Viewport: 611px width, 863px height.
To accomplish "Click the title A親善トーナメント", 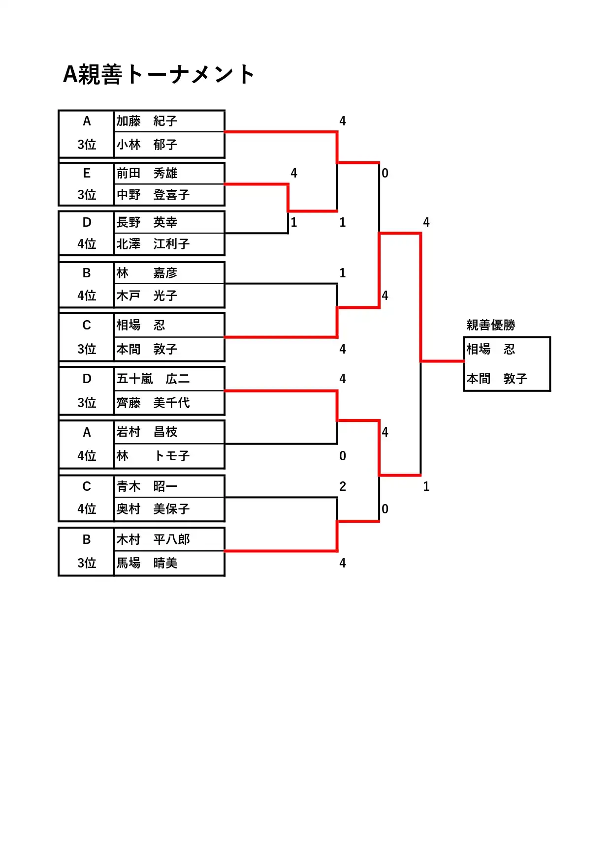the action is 159,75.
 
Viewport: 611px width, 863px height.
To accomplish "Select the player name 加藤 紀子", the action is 147,121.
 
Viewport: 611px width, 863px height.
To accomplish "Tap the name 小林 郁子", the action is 147,145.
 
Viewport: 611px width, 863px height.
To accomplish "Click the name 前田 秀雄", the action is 147,173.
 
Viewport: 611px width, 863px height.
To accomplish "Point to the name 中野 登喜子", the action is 153,195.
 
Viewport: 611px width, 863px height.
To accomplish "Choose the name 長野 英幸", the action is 147,222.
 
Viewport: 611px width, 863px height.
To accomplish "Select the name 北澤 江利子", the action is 153,244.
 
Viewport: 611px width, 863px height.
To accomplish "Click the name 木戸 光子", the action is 147,296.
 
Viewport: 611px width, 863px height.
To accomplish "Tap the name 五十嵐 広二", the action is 153,379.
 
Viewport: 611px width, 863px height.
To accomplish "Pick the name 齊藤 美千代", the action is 153,403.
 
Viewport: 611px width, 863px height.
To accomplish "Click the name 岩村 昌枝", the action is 147,432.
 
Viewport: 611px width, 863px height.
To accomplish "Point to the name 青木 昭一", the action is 147,486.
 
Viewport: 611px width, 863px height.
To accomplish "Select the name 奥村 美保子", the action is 153,509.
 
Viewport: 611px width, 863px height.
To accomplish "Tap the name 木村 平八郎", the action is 153,539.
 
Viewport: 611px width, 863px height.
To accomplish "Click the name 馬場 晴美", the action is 147,563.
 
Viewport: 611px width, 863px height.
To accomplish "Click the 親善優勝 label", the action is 491,325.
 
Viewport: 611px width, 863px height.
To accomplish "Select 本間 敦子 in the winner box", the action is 497,379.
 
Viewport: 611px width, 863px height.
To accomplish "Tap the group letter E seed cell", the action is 87,173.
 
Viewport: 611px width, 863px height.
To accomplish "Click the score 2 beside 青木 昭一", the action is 343,486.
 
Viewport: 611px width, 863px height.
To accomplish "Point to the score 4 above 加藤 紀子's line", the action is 343,121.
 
